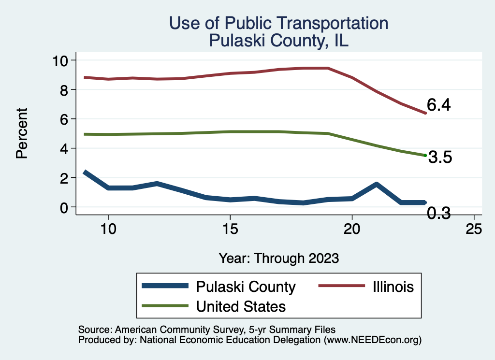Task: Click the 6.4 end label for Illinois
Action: tap(438, 105)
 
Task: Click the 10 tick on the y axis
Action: tap(61, 60)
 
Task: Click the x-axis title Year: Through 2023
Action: tap(278, 258)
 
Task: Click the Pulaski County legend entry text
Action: tap(246, 287)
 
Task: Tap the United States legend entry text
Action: tap(241, 306)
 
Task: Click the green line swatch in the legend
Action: tap(164, 306)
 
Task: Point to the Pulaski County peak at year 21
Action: tap(376, 184)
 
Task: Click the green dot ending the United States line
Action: tap(425, 155)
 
